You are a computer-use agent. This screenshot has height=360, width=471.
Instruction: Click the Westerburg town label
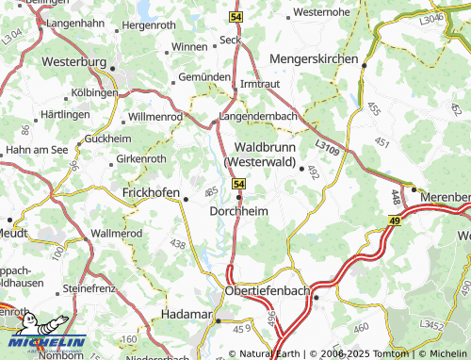tap(74, 61)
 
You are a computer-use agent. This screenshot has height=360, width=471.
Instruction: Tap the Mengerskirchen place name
tap(314, 58)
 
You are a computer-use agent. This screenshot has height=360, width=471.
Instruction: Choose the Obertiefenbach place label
tap(268, 291)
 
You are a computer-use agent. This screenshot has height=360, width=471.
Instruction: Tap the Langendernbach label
tap(258, 116)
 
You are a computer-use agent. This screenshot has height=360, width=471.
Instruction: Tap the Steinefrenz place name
tap(88, 287)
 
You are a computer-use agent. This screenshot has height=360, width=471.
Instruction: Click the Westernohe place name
tap(322, 12)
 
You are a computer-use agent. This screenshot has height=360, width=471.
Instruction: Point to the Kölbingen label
tap(93, 93)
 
